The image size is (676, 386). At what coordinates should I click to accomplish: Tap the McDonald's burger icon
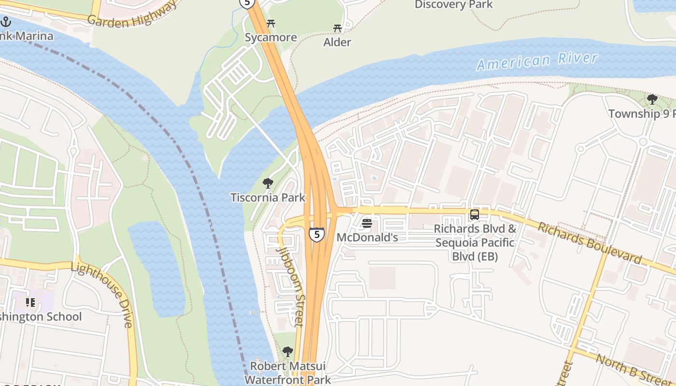click(x=367, y=223)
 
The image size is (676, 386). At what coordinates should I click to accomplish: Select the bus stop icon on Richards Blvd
click(x=475, y=215)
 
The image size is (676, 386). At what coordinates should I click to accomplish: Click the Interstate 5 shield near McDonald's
click(x=316, y=234)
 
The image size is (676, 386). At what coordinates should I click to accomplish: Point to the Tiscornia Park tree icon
click(x=268, y=183)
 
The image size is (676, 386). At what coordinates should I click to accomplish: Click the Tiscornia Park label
click(x=268, y=197)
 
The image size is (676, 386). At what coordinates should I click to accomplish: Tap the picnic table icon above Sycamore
click(x=271, y=23)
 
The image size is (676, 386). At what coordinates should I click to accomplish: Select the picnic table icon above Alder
click(x=337, y=28)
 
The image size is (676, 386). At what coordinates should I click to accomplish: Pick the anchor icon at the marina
click(x=6, y=22)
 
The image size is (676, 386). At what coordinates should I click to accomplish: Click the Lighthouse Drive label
click(x=102, y=295)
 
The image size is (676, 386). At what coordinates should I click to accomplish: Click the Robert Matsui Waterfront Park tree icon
click(x=287, y=352)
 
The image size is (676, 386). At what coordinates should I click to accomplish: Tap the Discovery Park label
click(x=453, y=5)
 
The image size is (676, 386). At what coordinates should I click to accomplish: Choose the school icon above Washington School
click(x=30, y=303)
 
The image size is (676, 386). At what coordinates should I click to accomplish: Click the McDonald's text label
click(x=367, y=237)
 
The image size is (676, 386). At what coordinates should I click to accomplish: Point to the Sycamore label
click(x=270, y=38)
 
